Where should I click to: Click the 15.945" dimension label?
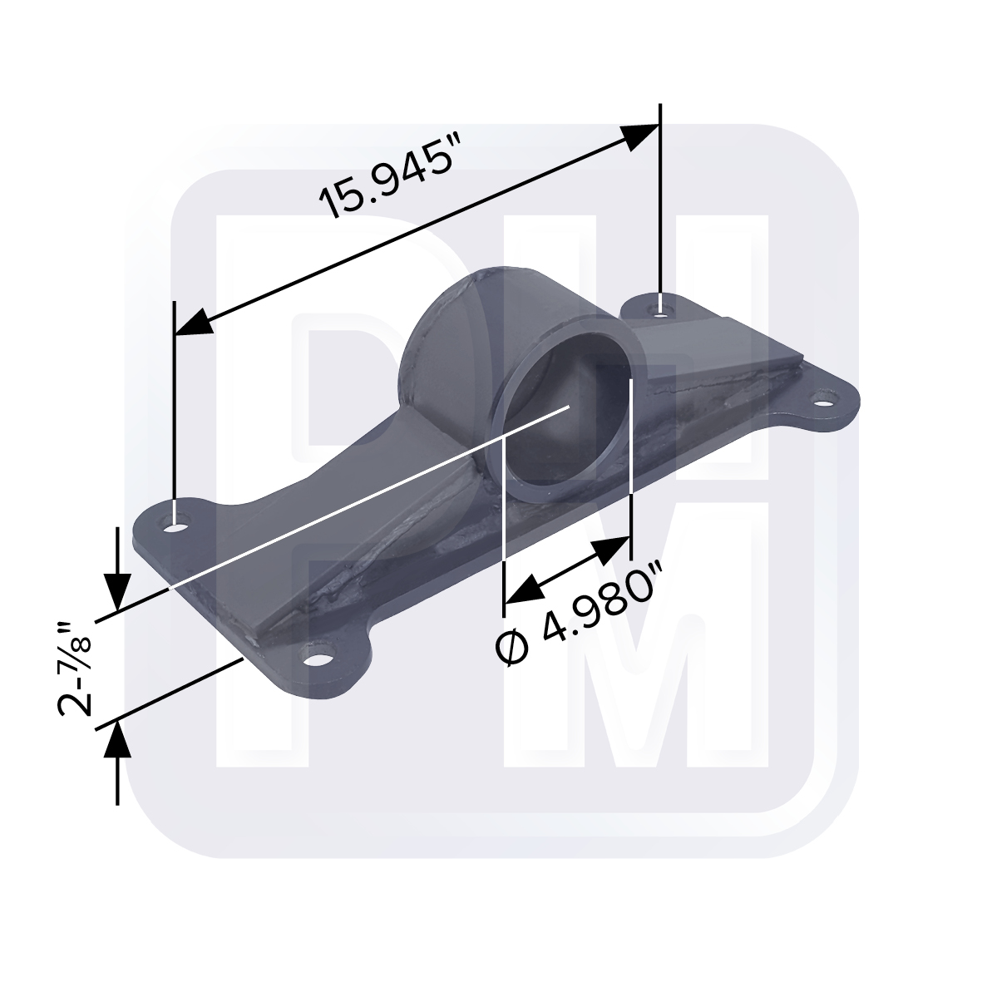point(385,182)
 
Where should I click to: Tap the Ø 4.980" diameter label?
point(577,614)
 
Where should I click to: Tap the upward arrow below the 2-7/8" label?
point(117,762)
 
